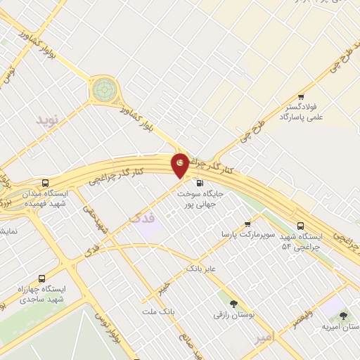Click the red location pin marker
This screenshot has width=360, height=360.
[180, 165]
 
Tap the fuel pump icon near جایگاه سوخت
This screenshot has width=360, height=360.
[200, 184]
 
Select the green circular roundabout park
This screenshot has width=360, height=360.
[104, 89]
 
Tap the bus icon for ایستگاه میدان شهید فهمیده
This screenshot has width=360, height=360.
[46, 181]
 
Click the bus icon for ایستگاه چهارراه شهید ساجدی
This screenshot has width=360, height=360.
[41, 278]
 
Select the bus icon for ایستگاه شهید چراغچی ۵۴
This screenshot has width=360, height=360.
[300, 226]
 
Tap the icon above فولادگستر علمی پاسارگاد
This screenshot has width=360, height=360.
[301, 97]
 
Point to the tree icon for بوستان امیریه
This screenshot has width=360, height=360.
[343, 317]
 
